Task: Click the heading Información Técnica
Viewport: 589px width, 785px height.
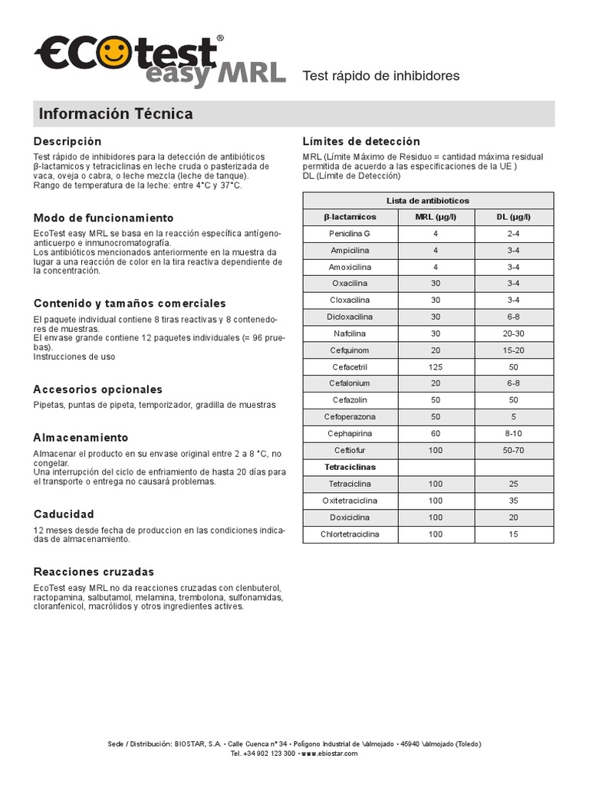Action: coord(116,114)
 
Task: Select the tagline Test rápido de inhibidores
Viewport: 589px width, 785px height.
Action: coord(381,76)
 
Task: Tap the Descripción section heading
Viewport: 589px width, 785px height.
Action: coord(67,142)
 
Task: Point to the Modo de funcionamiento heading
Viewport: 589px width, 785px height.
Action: coord(104,218)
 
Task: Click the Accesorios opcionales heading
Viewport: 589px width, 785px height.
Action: coord(98,389)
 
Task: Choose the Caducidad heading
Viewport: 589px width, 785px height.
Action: coord(64,514)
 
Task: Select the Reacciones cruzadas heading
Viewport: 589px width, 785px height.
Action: coord(94,572)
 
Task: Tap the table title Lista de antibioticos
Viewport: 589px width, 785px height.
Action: coord(428,200)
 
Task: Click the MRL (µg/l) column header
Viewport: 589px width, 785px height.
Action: coord(436,217)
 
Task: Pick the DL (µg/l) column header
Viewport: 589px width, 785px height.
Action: coord(513,217)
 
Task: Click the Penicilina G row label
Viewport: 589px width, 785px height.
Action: coord(350,233)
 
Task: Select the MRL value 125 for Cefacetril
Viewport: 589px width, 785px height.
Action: coord(436,367)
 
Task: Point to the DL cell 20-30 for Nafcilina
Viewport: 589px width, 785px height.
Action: coord(513,333)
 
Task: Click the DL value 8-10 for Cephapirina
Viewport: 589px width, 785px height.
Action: coord(513,434)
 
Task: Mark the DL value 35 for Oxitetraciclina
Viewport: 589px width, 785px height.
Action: coord(513,501)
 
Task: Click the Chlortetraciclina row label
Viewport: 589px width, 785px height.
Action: coord(350,534)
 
